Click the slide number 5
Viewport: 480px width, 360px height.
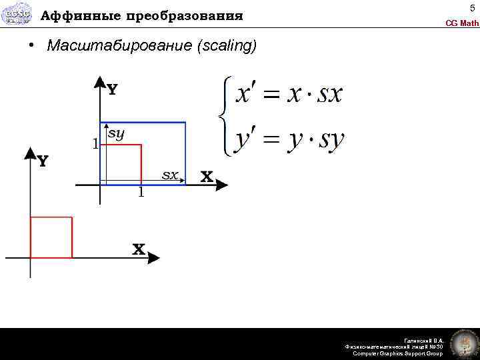(472, 8)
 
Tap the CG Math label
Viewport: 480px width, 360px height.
(462, 23)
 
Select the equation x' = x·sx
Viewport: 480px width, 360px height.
(289, 93)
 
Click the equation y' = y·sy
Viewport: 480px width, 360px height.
(289, 140)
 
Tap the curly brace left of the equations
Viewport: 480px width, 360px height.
(225, 117)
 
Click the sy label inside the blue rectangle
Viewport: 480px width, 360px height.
(116, 133)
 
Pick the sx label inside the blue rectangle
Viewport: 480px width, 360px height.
(171, 175)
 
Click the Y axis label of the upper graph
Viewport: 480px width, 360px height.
(112, 90)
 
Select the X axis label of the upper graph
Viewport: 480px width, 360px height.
(207, 177)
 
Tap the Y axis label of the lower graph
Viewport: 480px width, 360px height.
(42, 161)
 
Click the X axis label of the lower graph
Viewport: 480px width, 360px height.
(139, 249)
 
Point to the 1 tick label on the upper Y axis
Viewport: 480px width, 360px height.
(95, 143)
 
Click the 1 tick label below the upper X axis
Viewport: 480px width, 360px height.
(141, 193)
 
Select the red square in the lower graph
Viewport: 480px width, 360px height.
(51, 237)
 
